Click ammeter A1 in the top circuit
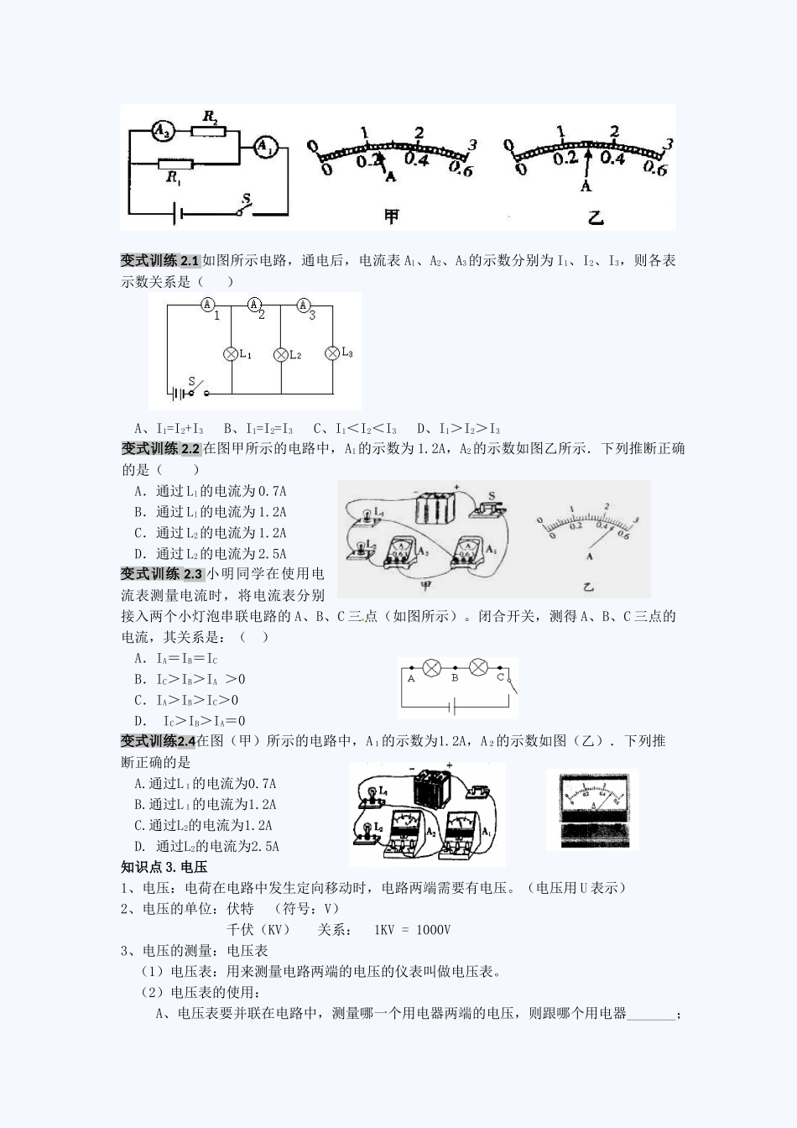click(266, 148)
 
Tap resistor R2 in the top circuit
click(208, 130)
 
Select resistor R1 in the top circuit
click(175, 164)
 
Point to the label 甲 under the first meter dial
click(392, 217)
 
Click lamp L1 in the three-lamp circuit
click(232, 354)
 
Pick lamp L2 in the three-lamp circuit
click(281, 355)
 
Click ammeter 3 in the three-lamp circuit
click(304, 305)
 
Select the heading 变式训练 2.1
click(160, 260)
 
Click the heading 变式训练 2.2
click(160, 448)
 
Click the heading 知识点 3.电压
click(164, 867)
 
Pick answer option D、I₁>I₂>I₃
click(458, 428)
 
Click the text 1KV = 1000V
click(412, 930)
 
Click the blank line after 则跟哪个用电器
click(651, 1014)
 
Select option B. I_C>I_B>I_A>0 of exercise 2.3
click(190, 679)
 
